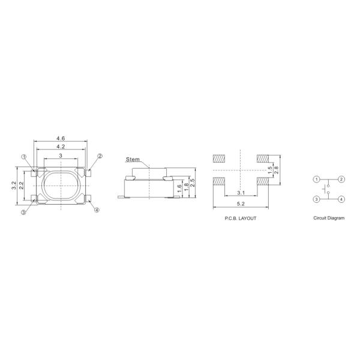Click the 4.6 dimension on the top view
coord(61,139)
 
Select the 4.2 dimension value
coord(61,146)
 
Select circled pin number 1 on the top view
coord(24,157)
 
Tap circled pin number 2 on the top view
coord(100,156)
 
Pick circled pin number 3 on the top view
coord(24,212)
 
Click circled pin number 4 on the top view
coord(97,210)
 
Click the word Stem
coord(132,160)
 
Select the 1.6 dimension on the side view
coord(179,187)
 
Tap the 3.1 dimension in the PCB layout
coord(240,193)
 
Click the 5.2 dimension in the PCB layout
coord(240,205)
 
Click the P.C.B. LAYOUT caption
coord(239,218)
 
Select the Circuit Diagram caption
coord(329,218)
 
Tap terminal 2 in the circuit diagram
coord(341,179)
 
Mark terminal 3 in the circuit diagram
coord(316,199)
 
